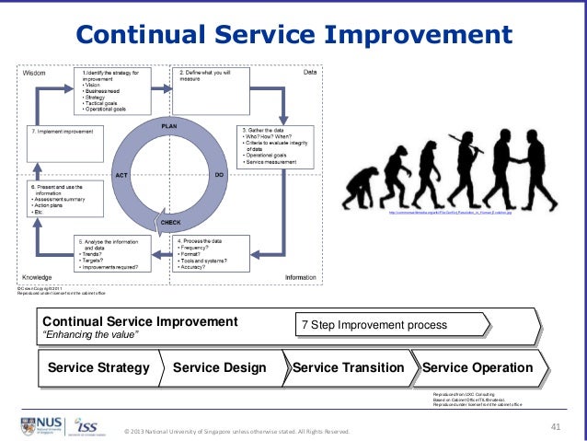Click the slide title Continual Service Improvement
293,34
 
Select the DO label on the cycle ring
220,173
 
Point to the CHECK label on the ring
170,223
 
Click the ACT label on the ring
121,174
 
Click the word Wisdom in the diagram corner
33,72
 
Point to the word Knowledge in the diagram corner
37,276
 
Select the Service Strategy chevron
98,368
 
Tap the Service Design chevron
220,368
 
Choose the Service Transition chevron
348,368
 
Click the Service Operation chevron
478,368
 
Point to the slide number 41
555,425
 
